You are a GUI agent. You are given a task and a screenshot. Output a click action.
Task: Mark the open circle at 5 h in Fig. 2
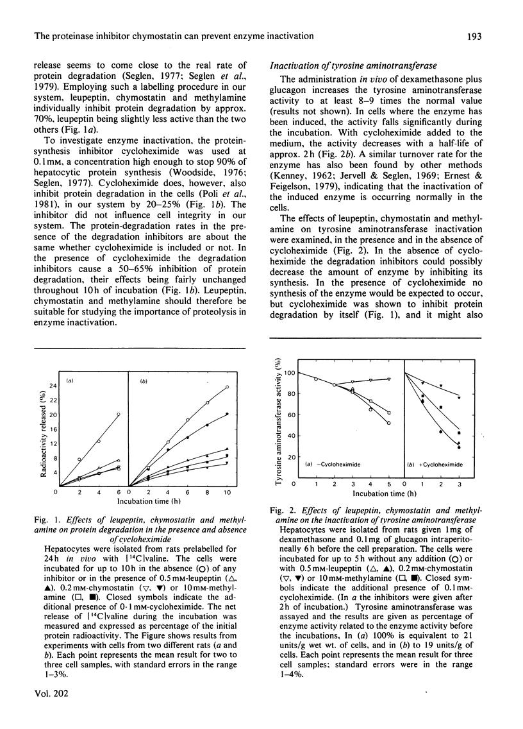(x=389, y=423)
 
